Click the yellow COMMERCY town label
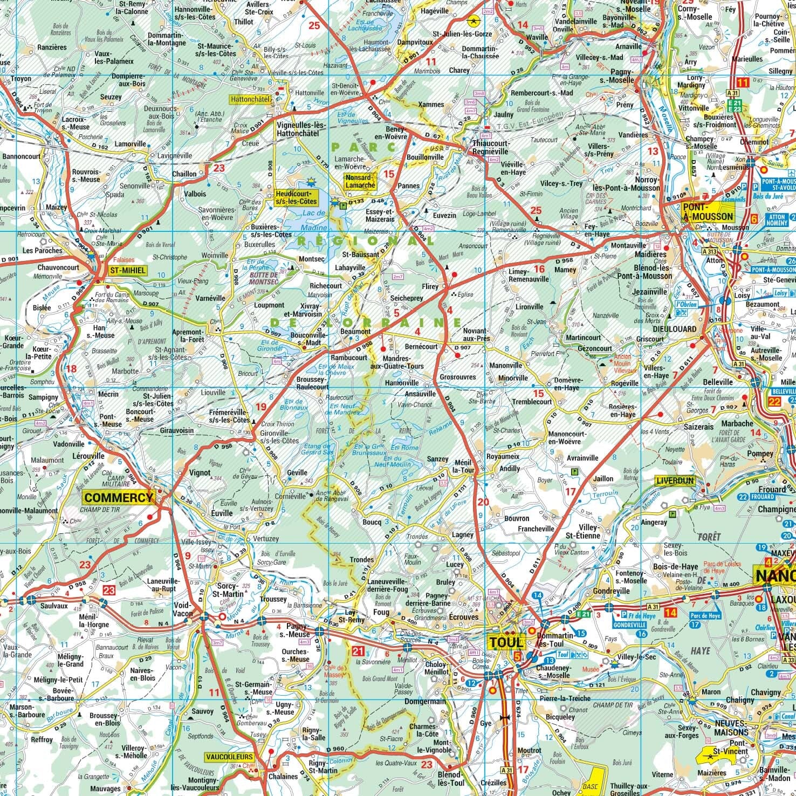(119, 497)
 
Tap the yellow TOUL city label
(506, 642)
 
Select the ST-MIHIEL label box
(127, 271)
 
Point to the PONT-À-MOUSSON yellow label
(708, 211)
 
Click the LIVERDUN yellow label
(675, 480)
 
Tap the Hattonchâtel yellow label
(249, 100)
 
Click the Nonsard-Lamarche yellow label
(360, 181)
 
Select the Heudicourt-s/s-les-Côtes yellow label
(296, 197)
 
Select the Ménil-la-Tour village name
(464, 466)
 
